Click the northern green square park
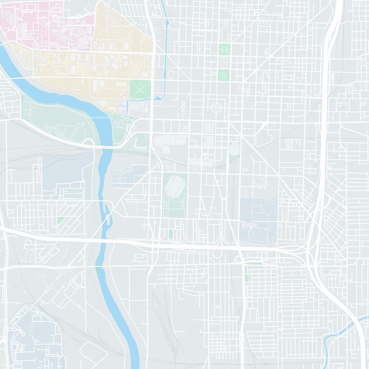(x=224, y=48)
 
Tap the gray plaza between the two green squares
(x=224, y=61)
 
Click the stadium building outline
(x=175, y=187)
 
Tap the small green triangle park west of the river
(x=60, y=220)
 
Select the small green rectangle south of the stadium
(x=171, y=234)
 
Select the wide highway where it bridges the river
(x=102, y=240)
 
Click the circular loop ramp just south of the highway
(x=216, y=254)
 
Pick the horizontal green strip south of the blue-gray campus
(x=254, y=263)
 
